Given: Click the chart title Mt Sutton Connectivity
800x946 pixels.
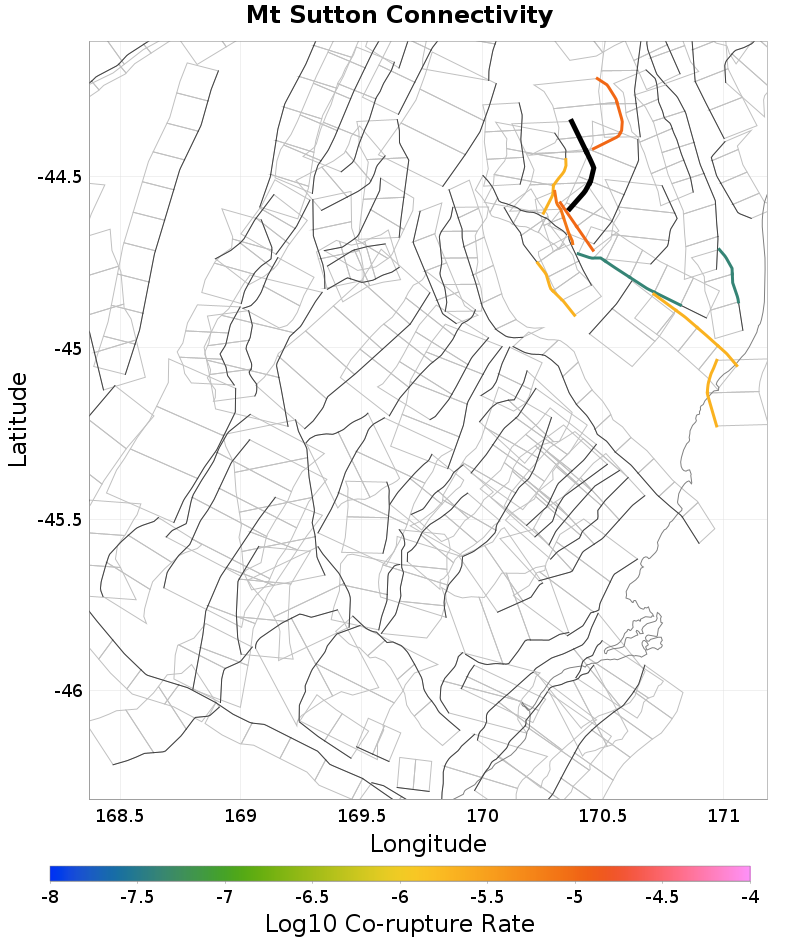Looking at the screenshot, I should pyautogui.click(x=399, y=16).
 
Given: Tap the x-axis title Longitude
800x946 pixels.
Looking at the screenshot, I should pyautogui.click(x=428, y=844).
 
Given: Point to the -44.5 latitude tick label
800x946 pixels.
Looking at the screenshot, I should pyautogui.click(x=59, y=177).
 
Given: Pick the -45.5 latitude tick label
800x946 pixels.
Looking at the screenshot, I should pyautogui.click(x=59, y=520).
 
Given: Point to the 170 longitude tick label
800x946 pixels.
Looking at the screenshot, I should pyautogui.click(x=483, y=815).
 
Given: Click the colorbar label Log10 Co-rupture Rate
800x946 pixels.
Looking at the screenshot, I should pyautogui.click(x=399, y=923).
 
